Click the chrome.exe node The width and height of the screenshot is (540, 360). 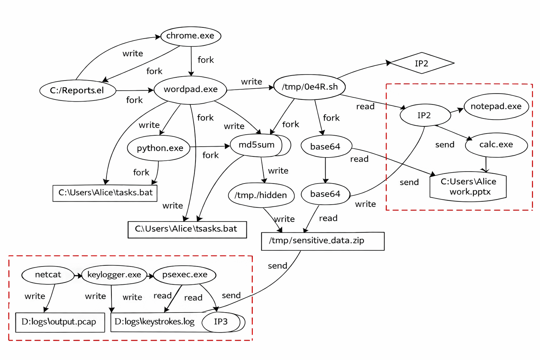(191, 36)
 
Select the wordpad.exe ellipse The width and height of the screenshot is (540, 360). (191, 90)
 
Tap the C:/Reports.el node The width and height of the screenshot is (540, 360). (77, 91)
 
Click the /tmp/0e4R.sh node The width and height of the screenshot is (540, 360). (309, 87)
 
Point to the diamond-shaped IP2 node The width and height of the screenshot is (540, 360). (422, 63)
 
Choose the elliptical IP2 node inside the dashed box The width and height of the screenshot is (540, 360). (425, 115)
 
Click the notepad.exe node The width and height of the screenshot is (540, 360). (496, 107)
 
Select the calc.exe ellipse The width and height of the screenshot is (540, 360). (496, 144)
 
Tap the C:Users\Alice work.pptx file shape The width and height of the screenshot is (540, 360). (468, 187)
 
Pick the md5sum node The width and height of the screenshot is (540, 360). (257, 145)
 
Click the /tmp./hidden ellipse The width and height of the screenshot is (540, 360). (261, 195)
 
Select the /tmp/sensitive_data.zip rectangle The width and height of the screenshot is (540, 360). (322, 241)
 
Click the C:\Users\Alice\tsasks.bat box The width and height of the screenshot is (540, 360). (187, 229)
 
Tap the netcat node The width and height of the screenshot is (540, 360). (48, 275)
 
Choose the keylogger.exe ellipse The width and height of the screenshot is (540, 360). (114, 275)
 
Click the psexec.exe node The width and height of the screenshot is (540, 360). (185, 275)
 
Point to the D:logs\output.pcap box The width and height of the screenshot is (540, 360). (60, 322)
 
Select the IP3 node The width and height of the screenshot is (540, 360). (221, 322)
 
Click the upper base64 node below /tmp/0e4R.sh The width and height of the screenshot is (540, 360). (326, 147)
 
